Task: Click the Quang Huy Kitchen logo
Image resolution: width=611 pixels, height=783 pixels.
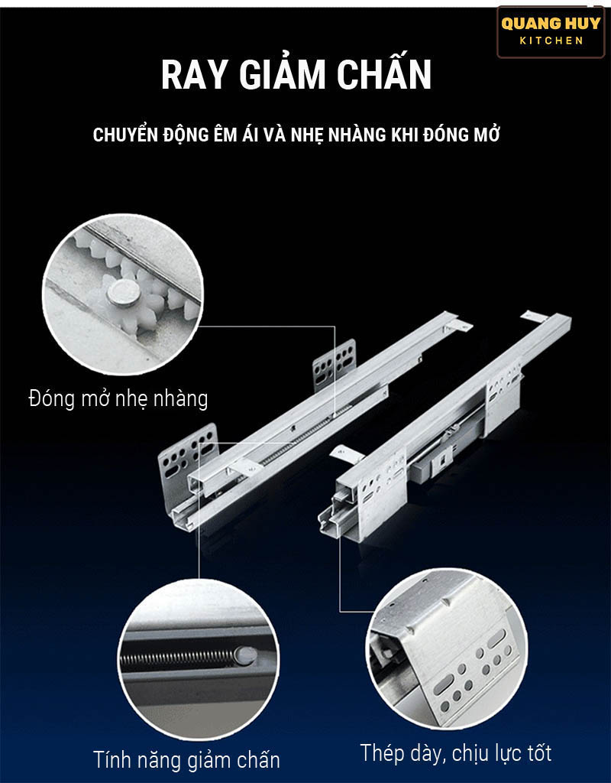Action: pos(551,31)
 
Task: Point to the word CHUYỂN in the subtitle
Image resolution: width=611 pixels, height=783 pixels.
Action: pos(125,134)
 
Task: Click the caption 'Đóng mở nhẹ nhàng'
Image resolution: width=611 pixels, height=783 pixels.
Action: pos(118,399)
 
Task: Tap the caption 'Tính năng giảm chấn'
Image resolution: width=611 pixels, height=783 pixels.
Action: pos(186,759)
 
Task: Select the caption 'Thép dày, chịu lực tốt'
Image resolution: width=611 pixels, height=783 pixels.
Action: pos(456,753)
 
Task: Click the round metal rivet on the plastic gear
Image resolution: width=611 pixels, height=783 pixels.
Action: pos(123,293)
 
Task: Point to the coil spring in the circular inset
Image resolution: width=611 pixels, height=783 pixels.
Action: pos(178,658)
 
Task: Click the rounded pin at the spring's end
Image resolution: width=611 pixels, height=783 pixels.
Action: pos(245,655)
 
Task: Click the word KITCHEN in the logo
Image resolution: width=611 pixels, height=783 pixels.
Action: pos(551,41)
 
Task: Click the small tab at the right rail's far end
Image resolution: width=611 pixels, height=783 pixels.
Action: pos(534,316)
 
